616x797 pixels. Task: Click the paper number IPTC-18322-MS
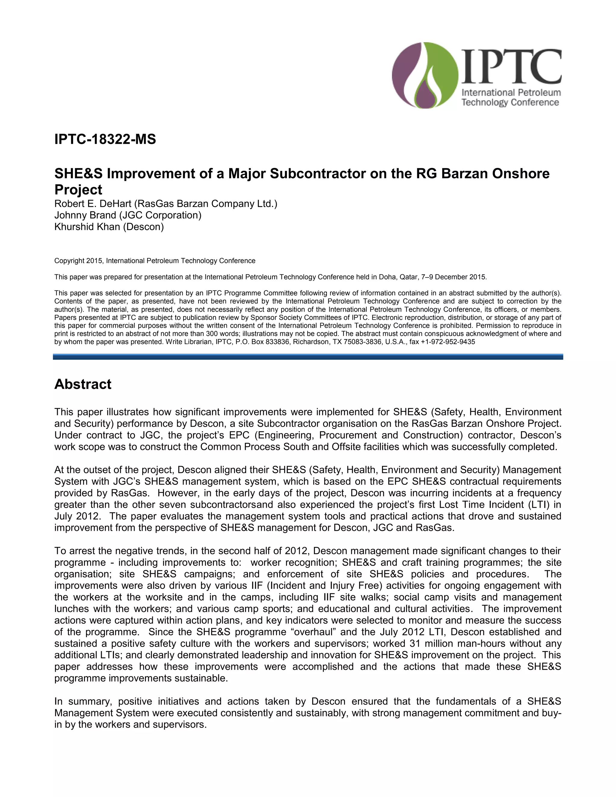pos(105,140)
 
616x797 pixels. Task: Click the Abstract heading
pos(83,384)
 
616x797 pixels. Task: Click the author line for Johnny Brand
pos(128,215)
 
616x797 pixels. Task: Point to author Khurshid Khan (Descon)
pos(109,227)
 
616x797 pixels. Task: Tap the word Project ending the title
pos(78,190)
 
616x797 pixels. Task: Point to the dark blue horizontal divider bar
pos(308,357)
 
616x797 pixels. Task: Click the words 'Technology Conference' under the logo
pos(510,103)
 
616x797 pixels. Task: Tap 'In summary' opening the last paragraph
pos(84,701)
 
